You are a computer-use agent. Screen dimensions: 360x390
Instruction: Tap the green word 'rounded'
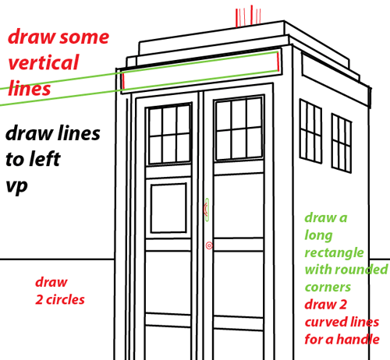[x=361, y=270]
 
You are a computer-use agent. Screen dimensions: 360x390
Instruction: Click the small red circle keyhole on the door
[x=209, y=246]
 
